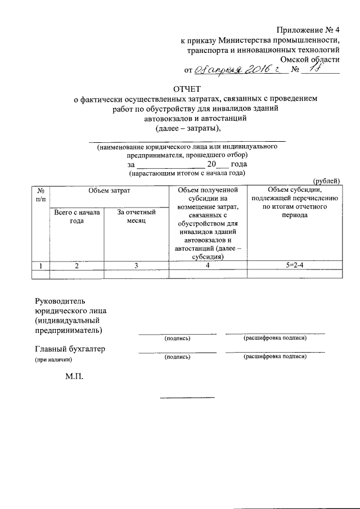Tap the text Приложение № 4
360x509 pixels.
[308, 29]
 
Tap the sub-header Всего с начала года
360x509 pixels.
[76, 217]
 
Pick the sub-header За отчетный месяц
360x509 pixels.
[136, 217]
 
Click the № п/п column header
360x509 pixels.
[40, 196]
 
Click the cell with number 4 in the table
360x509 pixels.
[208, 265]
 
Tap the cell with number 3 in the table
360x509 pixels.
[136, 265]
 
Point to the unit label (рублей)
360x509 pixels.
[326, 181]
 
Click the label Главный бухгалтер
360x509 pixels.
[70, 349]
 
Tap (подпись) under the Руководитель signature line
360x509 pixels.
[177, 339]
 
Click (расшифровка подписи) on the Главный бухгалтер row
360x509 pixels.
[274, 357]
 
